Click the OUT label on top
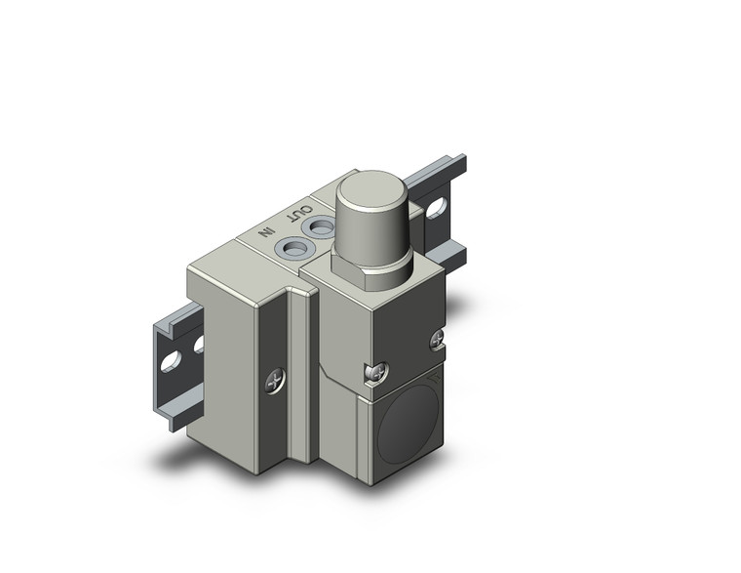point(302,213)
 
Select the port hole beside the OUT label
point(320,227)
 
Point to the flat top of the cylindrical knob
point(376,189)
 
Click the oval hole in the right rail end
point(438,209)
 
